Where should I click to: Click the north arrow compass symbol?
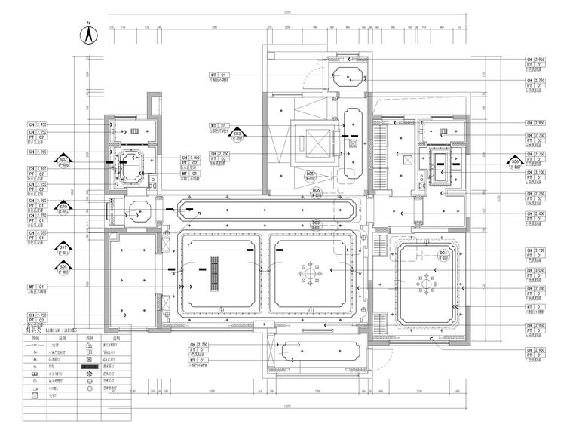(88, 35)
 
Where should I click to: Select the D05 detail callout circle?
(310, 174)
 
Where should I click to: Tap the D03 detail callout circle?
(316, 224)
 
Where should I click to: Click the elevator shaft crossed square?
(311, 139)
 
